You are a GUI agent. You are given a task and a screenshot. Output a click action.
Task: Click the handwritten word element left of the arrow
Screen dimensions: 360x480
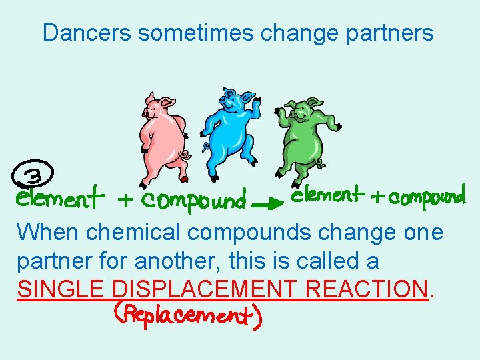click(61, 198)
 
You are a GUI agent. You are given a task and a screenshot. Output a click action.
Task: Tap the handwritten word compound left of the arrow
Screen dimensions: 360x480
click(194, 199)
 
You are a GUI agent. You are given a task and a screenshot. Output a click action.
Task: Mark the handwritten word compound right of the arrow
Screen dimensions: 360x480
click(426, 197)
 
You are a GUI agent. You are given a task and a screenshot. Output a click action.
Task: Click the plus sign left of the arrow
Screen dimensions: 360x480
click(125, 199)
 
